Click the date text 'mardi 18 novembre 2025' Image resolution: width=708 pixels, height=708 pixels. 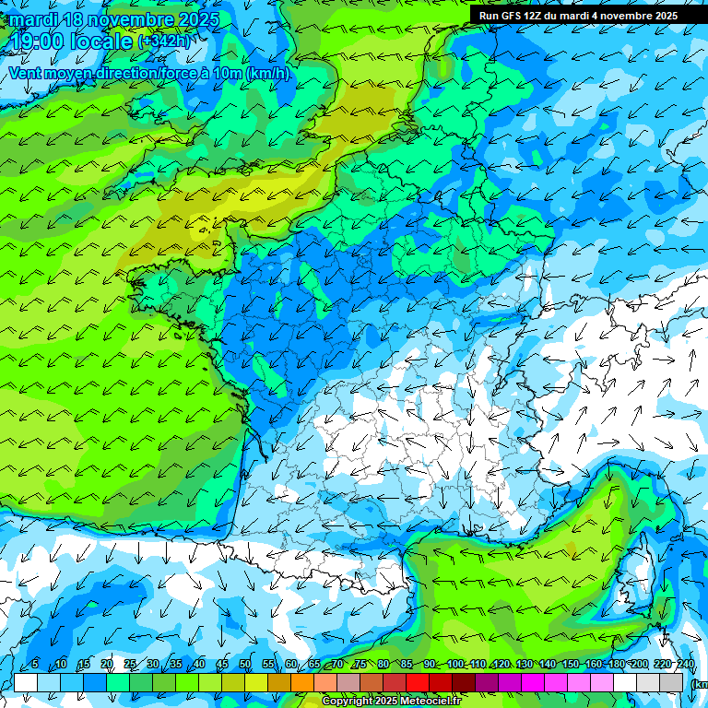tap(114, 19)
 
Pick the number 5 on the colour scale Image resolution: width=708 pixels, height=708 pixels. tap(35, 664)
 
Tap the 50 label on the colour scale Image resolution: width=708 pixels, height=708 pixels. tap(244, 664)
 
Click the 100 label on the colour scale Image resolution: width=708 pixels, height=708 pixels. tap(454, 664)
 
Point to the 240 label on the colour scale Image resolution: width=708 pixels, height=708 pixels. tap(686, 664)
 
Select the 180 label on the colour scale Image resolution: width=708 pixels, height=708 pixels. tap(616, 664)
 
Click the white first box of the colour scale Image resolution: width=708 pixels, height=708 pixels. tap(26, 682)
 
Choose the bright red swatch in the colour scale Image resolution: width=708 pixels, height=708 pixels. tap(418, 682)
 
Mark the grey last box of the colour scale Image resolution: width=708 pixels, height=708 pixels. tap(671, 682)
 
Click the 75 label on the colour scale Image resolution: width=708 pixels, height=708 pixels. tap(360, 664)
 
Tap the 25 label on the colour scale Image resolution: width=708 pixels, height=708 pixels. tap(129, 664)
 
